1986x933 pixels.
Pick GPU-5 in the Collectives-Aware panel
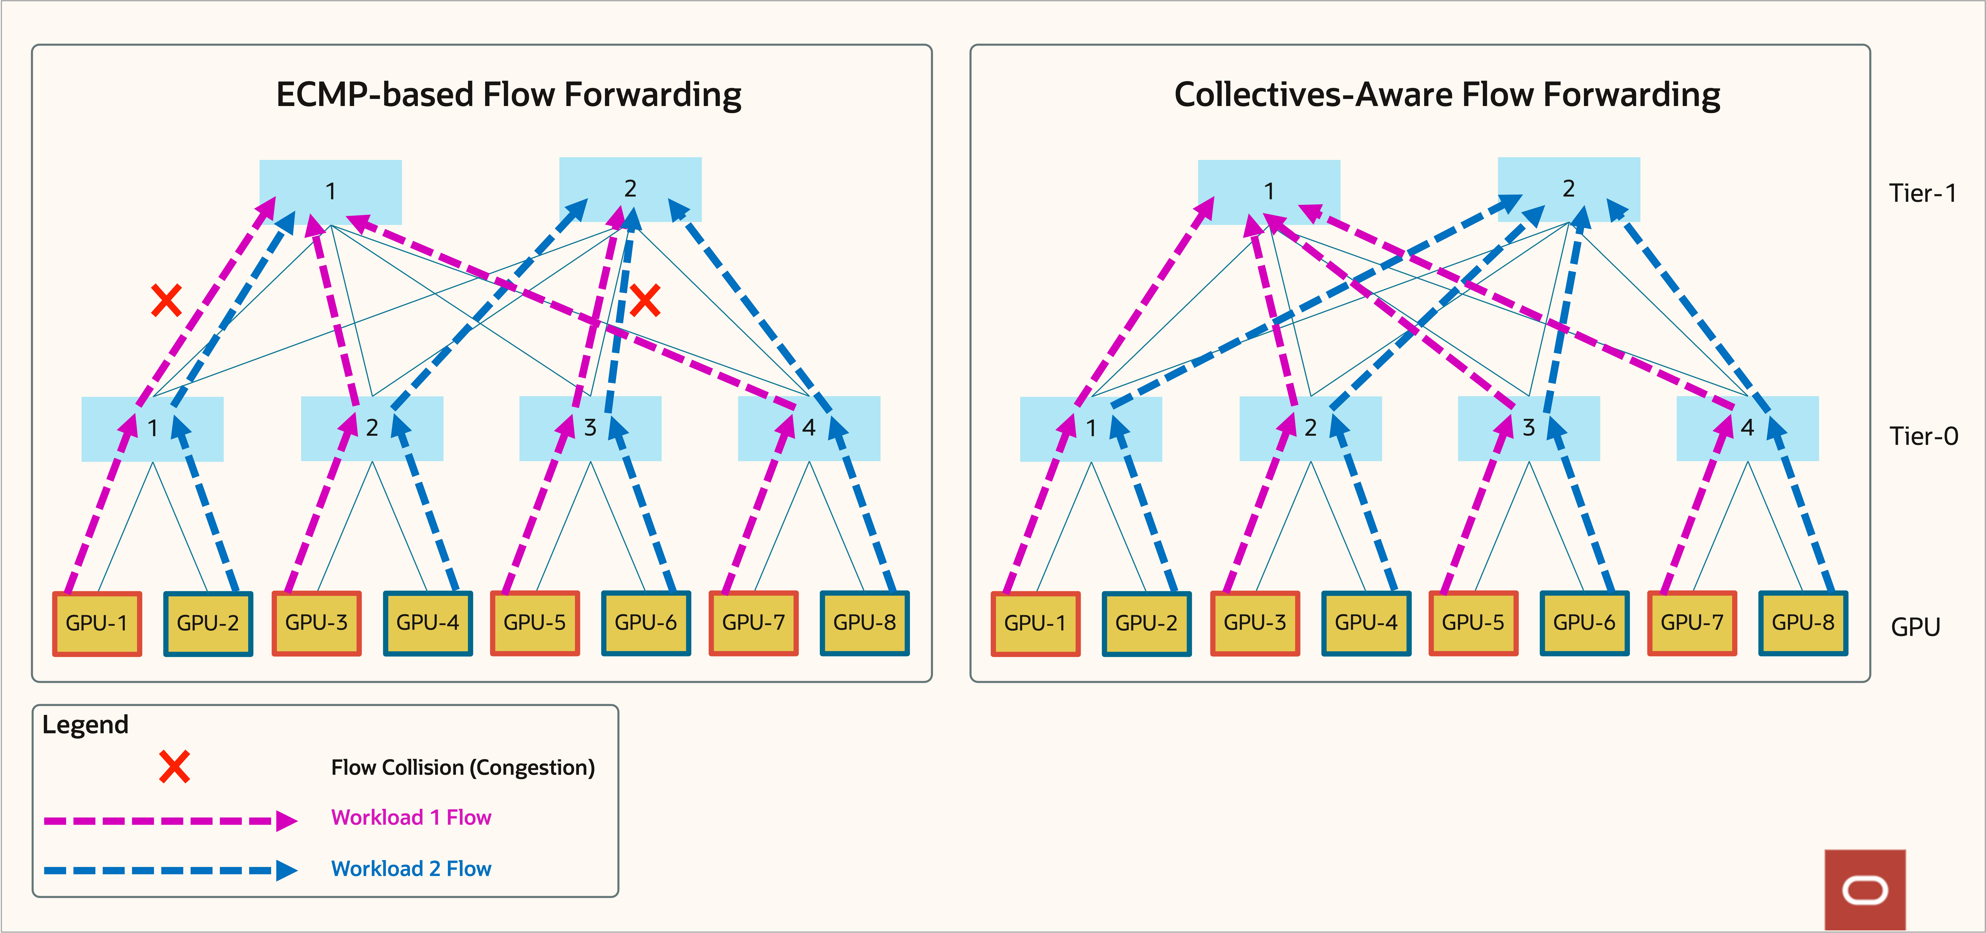tap(1473, 623)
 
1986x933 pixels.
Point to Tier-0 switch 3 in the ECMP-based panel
tap(590, 428)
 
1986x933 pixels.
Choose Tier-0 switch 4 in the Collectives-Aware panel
tap(1747, 428)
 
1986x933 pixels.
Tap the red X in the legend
tap(174, 767)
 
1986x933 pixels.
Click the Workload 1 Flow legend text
tap(411, 817)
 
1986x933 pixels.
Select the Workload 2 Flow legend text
tap(411, 869)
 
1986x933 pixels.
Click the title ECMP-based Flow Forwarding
tap(509, 95)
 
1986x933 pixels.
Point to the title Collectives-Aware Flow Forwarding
tap(1447, 95)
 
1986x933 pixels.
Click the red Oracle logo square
tap(1865, 890)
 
